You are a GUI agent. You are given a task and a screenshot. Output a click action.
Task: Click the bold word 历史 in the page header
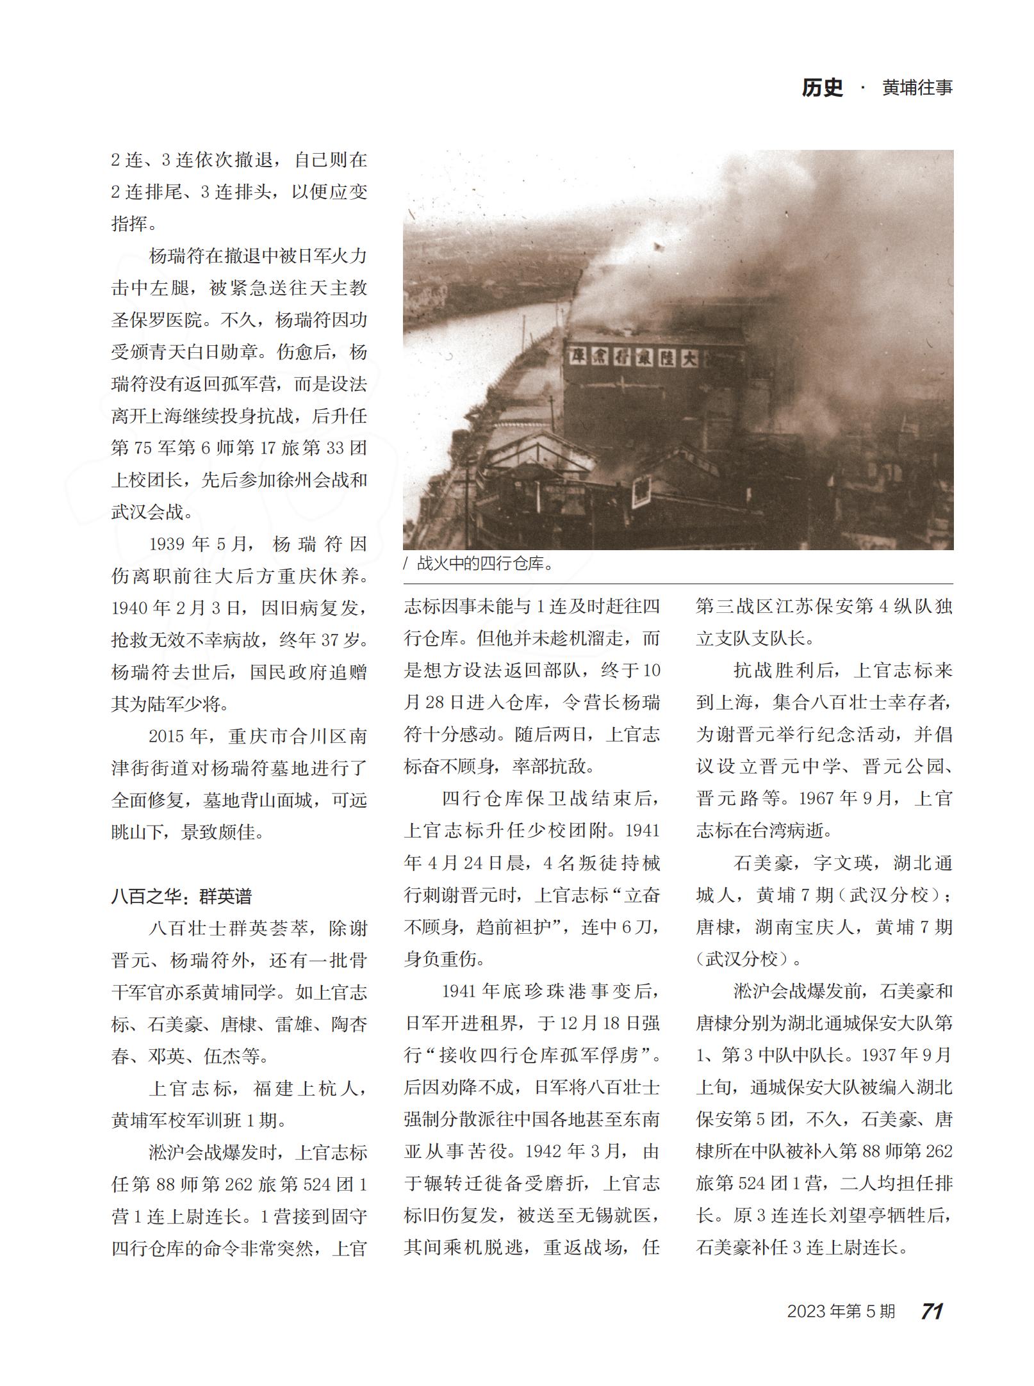pos(822,88)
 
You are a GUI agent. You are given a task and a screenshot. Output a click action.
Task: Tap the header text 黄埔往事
pos(917,88)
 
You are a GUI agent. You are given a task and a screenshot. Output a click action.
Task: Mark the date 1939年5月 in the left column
pos(198,544)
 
